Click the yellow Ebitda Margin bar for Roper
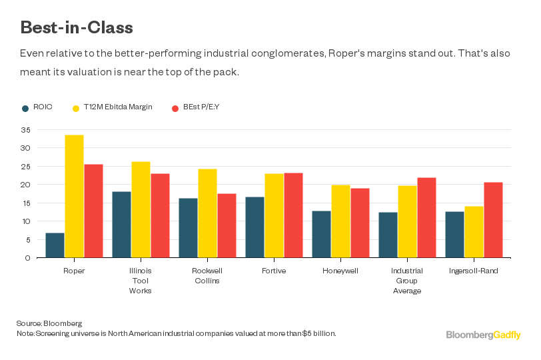(74, 196)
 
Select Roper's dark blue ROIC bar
(55, 245)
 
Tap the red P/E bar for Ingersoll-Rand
(493, 219)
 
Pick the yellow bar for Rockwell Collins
(207, 213)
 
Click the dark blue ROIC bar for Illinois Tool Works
(121, 224)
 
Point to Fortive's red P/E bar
(293, 215)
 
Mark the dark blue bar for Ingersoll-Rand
(454, 234)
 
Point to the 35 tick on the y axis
(25, 129)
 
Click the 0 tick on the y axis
(27, 258)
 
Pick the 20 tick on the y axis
(25, 185)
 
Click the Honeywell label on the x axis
(340, 271)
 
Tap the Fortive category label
(274, 271)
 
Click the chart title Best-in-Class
(77, 27)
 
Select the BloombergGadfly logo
(483, 335)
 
